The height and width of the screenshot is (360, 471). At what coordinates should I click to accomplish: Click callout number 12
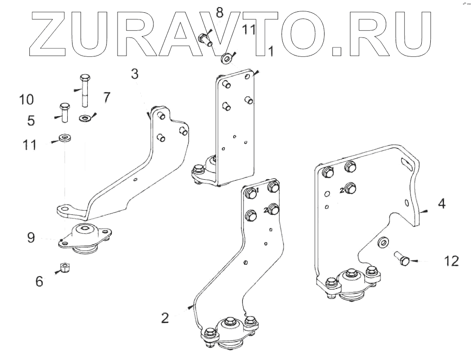click(x=451, y=261)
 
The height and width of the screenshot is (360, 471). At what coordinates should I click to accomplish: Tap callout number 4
click(x=441, y=205)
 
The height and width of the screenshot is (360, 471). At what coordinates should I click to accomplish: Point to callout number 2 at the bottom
click(x=164, y=318)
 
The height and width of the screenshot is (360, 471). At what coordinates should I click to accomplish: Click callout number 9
click(x=31, y=237)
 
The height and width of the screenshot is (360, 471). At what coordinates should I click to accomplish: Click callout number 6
click(x=39, y=282)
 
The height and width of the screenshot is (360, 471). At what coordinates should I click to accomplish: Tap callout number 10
click(x=27, y=100)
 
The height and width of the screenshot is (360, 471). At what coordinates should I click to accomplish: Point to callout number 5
click(x=31, y=120)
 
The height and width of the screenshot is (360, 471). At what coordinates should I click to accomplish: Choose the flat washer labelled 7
click(x=86, y=117)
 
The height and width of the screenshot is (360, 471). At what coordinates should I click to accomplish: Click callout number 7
click(x=106, y=98)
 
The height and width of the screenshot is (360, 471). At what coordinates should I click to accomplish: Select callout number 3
click(x=135, y=74)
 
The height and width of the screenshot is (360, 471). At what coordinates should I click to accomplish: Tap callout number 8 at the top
click(x=219, y=13)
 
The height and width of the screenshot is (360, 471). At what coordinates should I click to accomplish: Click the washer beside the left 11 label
click(x=63, y=138)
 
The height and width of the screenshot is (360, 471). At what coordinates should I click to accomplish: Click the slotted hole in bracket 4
click(x=406, y=163)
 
